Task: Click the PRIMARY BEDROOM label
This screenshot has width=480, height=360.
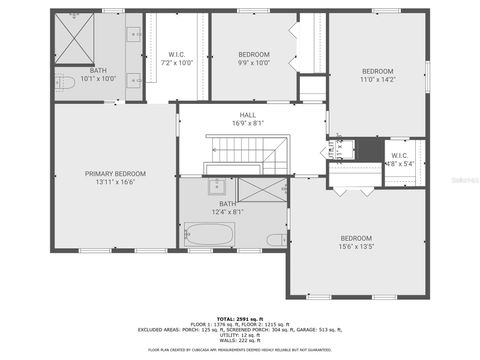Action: coord(115,173)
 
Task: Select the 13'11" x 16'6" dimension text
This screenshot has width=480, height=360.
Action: coord(115,183)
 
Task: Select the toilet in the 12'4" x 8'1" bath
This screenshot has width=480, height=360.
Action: coord(275,239)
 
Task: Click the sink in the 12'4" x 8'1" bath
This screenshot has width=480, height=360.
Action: coord(216,186)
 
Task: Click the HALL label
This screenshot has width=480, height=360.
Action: coord(247,115)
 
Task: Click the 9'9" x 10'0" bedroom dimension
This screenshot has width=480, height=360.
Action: coord(255,62)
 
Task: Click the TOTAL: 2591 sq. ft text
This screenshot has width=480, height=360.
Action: coord(240,317)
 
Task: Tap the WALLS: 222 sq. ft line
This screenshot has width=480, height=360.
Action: coord(240,341)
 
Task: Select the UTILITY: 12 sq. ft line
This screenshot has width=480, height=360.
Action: coord(240,335)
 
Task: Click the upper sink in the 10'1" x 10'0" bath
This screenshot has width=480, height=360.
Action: coord(133,34)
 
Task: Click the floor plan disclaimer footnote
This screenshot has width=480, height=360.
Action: coord(240,351)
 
